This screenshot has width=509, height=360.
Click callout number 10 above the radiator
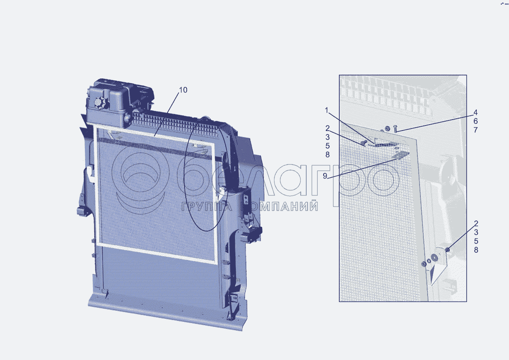tap(183, 90)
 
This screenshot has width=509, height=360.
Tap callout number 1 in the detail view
tap(327, 110)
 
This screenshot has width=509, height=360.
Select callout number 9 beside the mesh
tap(325, 176)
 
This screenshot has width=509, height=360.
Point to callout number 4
tap(475, 112)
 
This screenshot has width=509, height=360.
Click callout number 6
tap(475, 121)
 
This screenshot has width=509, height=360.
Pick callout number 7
tap(475, 130)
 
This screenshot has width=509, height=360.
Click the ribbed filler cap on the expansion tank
tap(99, 103)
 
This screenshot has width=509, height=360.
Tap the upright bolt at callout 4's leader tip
tap(395, 128)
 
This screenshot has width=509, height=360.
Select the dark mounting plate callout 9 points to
tap(400, 155)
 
